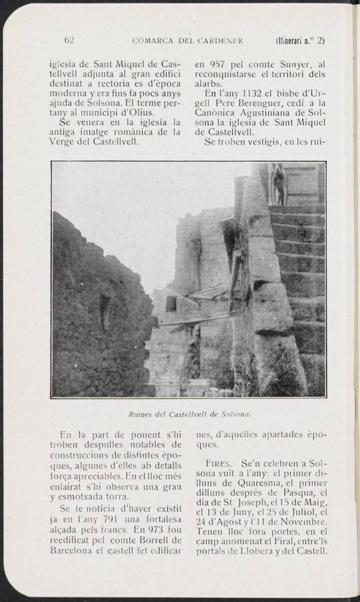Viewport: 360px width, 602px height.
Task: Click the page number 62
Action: pos(69,41)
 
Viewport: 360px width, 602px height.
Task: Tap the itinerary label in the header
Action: pos(300,41)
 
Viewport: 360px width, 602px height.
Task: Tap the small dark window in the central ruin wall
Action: pos(171,303)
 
